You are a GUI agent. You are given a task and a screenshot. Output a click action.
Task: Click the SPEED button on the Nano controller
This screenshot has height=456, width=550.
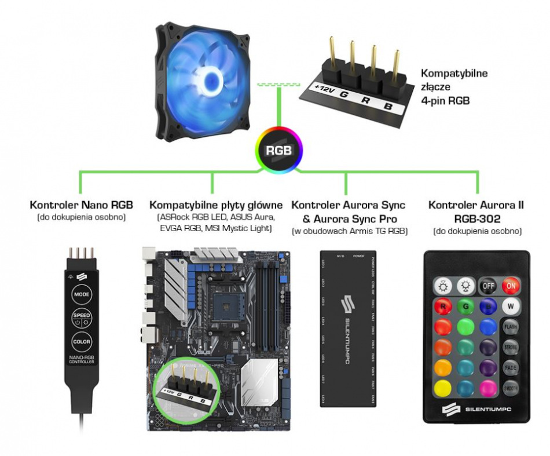(82, 318)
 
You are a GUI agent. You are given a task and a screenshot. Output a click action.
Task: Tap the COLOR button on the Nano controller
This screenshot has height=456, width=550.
(82, 342)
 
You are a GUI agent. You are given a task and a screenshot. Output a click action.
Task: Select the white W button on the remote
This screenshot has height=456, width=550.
(510, 306)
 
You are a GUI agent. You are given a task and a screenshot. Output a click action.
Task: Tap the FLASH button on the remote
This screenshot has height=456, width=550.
(510, 326)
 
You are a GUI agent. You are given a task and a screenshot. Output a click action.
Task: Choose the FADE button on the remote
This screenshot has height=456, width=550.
(510, 367)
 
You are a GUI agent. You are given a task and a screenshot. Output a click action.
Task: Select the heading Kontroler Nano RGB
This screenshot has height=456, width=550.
(81, 205)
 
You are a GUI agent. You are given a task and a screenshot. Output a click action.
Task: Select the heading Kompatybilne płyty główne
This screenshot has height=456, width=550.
(216, 205)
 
